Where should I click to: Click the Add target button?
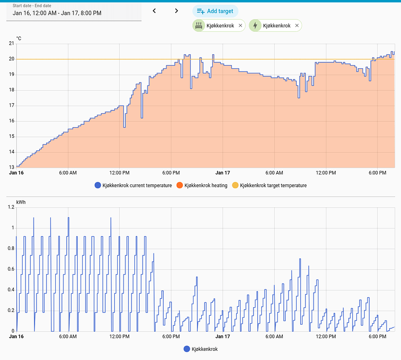[215, 11]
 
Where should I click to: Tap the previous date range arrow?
[154, 11]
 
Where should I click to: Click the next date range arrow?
[176, 11]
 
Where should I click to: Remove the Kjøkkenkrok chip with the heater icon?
[241, 25]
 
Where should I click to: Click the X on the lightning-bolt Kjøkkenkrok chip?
[297, 25]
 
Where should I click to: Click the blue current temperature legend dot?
[97, 185]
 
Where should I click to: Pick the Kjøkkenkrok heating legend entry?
[202, 185]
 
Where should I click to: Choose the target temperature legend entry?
[269, 185]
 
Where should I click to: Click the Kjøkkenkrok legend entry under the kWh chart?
[201, 349]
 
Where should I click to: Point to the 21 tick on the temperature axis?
[12, 44]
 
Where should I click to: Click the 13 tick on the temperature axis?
[12, 167]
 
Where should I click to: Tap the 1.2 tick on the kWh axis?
[11, 207]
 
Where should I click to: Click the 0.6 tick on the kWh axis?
[11, 269]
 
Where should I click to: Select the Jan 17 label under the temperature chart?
[223, 173]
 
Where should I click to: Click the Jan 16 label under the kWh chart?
[16, 336]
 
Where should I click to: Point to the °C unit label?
[19, 38]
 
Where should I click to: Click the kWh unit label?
[21, 202]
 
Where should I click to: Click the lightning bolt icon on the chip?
[255, 25]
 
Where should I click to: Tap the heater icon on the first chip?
[199, 25]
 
